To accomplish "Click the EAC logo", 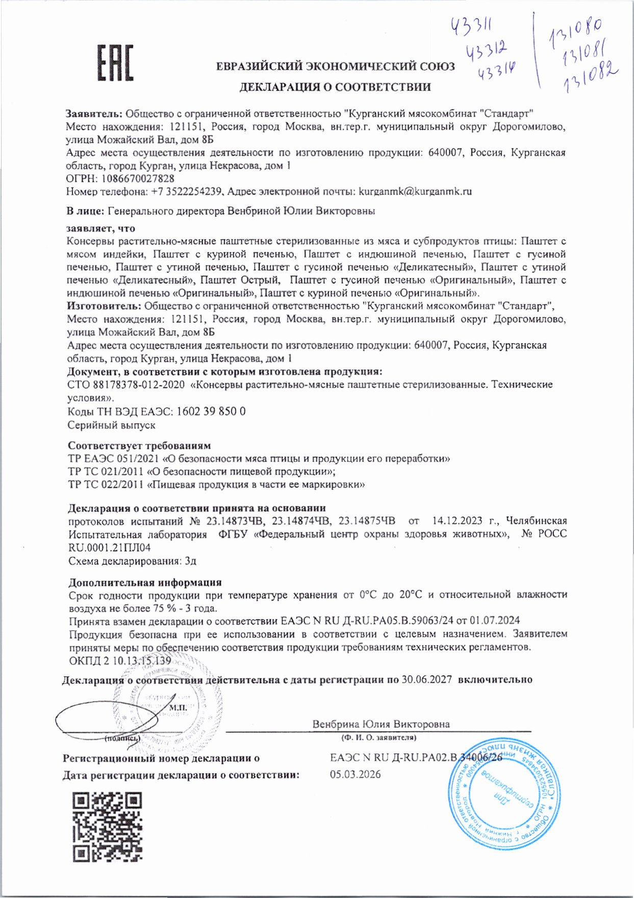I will (115, 63).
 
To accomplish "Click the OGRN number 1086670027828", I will (138, 179).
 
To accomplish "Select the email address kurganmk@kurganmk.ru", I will (415, 192).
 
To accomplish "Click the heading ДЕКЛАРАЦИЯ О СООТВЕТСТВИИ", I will (335, 87).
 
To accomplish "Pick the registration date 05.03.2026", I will (355, 775).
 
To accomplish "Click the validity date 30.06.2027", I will (426, 680).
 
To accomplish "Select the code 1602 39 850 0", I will (211, 411).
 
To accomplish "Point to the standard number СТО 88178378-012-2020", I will (126, 385).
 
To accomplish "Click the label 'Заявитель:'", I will (94, 113).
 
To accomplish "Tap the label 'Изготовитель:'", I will (104, 306).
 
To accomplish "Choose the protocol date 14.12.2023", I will (457, 521).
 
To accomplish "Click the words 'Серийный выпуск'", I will (111, 425).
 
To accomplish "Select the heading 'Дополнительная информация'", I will (145, 582).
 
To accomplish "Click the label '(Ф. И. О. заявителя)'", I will (379, 738).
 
